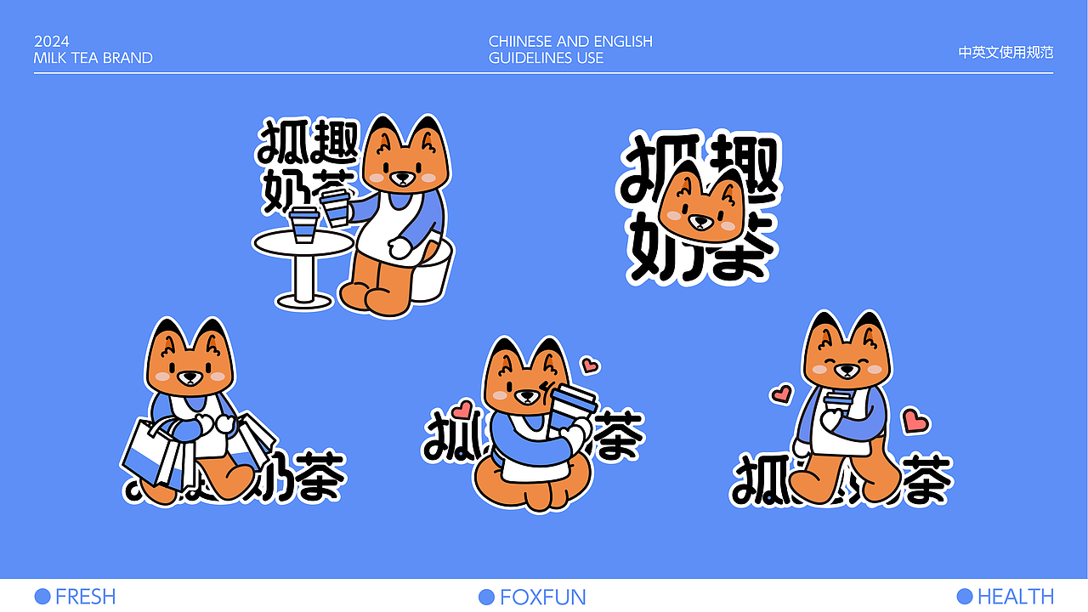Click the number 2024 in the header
coord(52,42)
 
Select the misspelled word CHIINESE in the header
coord(521,42)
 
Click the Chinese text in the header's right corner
coord(1006,52)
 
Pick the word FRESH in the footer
coord(85,597)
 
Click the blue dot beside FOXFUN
coord(486,597)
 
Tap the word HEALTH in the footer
coord(1016,597)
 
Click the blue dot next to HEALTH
coord(964,596)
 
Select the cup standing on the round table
coord(303,224)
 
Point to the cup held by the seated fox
coord(337,207)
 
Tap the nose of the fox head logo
coord(700,219)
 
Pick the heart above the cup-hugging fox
coord(589,365)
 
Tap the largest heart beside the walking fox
coord(915,420)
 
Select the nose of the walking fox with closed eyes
coord(847,371)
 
